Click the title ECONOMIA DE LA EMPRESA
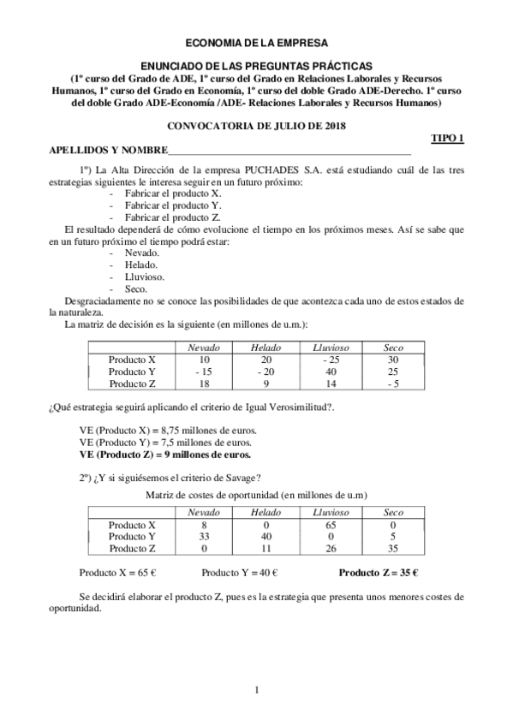(x=256, y=41)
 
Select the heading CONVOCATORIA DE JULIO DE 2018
(x=256, y=126)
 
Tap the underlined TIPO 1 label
(x=445, y=138)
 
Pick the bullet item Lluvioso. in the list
(x=145, y=277)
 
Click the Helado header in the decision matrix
(x=265, y=348)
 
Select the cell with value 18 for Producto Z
(x=203, y=384)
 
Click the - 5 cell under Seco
(x=393, y=384)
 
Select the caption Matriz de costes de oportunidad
(x=257, y=495)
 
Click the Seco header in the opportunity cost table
(x=393, y=512)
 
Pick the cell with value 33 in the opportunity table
(x=203, y=537)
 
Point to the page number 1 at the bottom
(x=257, y=690)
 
